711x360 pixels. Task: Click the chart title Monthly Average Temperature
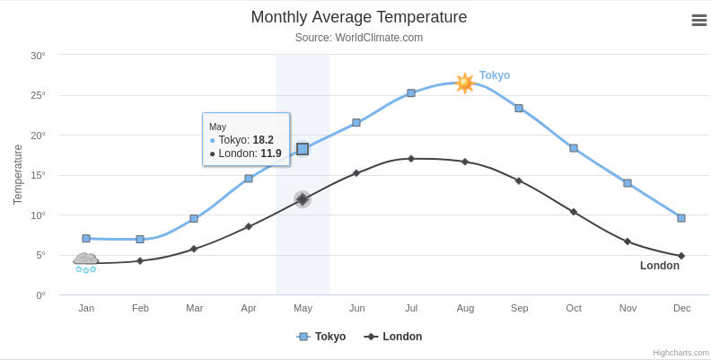coord(358,17)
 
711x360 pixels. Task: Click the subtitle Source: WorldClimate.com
coord(358,38)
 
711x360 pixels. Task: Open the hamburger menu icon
coord(698,20)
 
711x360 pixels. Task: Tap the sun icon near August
coord(464,83)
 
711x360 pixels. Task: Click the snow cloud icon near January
coord(85,262)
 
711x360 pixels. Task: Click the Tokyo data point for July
coord(411,92)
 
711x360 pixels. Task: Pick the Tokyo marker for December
coord(681,218)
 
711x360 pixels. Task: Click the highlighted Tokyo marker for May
coord(303,149)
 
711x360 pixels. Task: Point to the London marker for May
coord(303,199)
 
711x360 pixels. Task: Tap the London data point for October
coord(574,212)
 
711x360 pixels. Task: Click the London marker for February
coord(140,261)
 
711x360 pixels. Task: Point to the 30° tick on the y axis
coord(38,56)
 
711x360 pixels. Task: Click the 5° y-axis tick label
coord(39,255)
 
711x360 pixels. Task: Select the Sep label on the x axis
coord(519,308)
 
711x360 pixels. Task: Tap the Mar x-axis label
coord(194,308)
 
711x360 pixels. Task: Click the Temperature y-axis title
coord(18,174)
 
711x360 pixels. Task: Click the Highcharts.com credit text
coord(680,353)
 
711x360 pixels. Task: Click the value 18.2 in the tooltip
coord(263,140)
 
